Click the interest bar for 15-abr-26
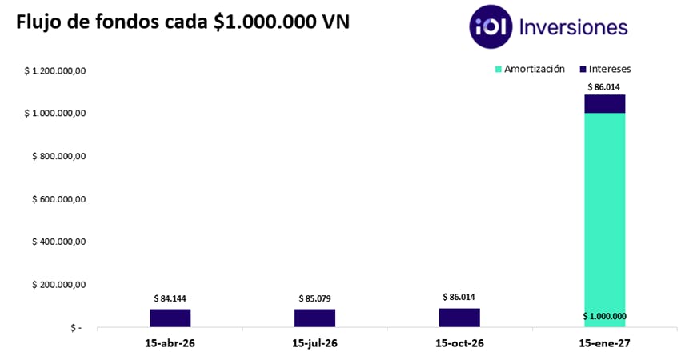click(x=170, y=318)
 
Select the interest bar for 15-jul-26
click(x=314, y=318)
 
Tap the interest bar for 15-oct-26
click(x=459, y=318)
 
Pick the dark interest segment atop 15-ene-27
click(x=604, y=104)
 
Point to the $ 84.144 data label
click(x=170, y=299)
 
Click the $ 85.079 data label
click(x=314, y=299)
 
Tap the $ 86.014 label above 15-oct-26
click(x=459, y=297)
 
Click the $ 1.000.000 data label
click(x=604, y=316)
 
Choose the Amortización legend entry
click(x=530, y=69)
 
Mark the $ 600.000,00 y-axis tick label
click(x=58, y=199)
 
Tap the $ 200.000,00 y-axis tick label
click(x=58, y=285)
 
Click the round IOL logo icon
click(x=491, y=26)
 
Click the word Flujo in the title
click(x=38, y=22)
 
